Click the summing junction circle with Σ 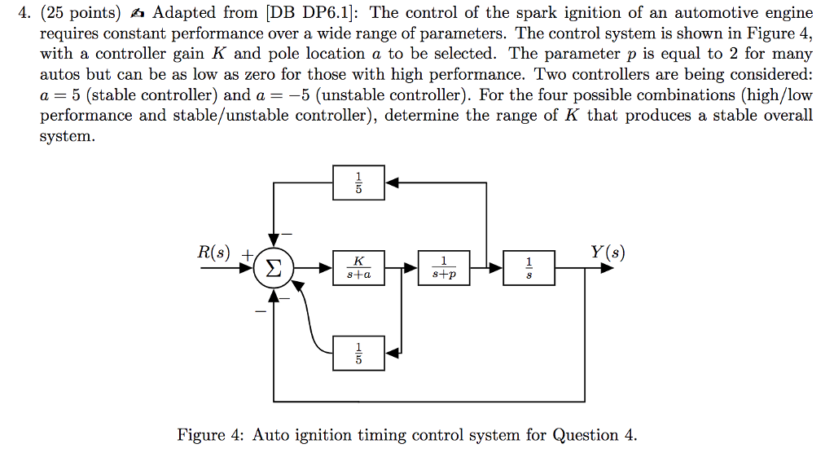pos(274,268)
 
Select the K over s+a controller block pos(358,268)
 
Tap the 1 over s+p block pos(443,268)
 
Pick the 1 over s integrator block pos(529,268)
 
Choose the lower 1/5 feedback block pos(358,353)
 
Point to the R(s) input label pos(214,253)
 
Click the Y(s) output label pos(607,253)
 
